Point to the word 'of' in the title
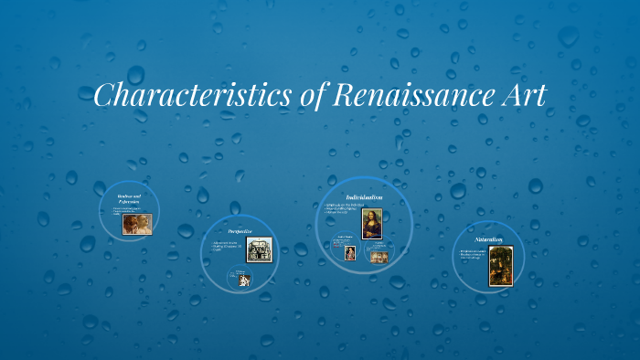click(309, 96)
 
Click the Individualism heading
click(364, 196)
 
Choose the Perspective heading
click(240, 231)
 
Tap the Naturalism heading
click(488, 239)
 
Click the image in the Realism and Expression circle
click(137, 224)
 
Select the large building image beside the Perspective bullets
click(260, 249)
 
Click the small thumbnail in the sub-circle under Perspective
click(245, 281)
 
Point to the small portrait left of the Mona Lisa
click(349, 253)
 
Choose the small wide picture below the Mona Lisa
click(379, 257)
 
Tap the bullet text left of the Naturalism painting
click(473, 254)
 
